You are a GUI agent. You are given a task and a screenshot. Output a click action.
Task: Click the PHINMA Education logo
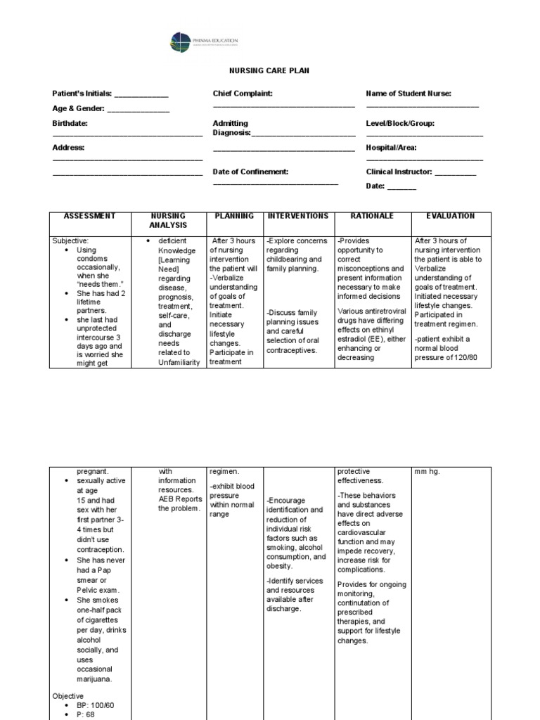click(x=205, y=43)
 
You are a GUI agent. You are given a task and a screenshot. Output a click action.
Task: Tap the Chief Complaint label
click(x=243, y=94)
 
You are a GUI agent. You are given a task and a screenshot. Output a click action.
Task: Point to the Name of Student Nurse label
click(x=409, y=94)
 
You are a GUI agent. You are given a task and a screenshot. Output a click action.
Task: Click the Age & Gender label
click(x=78, y=108)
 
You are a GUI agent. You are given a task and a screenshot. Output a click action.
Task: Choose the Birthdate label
click(x=70, y=123)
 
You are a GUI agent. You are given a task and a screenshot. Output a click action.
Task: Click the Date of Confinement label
click(x=251, y=172)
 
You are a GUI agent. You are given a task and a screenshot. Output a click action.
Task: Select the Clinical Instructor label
click(x=399, y=172)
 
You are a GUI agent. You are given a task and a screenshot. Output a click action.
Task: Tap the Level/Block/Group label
click(x=400, y=123)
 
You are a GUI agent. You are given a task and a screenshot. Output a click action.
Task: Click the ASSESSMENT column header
click(x=89, y=217)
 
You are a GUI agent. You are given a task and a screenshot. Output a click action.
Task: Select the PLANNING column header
click(x=233, y=217)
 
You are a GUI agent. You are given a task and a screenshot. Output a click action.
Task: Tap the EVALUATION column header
click(x=450, y=217)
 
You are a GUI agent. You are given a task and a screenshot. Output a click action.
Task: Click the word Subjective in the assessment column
click(x=71, y=240)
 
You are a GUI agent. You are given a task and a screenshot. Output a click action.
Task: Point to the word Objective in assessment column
click(x=68, y=695)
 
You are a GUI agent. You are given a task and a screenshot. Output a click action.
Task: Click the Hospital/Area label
click(x=392, y=148)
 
